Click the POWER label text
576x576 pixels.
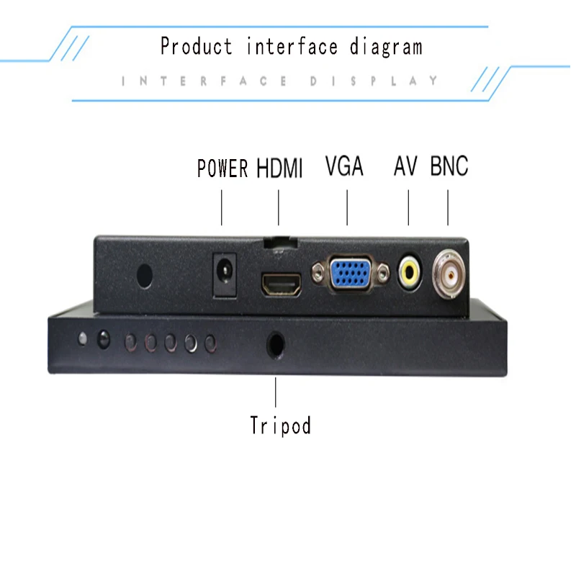coord(222,168)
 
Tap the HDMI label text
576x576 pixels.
coord(279,168)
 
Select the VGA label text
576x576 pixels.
coord(344,166)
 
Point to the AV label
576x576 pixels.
coord(405,166)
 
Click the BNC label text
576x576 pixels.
coord(449,166)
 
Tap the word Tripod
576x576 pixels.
coord(280,426)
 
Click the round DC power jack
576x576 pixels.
coord(225,272)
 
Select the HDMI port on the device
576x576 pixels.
coord(282,284)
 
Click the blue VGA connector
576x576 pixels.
coord(351,272)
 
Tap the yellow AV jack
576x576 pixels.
coord(410,272)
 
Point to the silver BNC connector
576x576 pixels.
coord(449,274)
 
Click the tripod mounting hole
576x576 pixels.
coord(276,345)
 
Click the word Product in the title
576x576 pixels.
coord(197,46)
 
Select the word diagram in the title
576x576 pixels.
coord(386,47)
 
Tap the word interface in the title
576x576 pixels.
coord(292,46)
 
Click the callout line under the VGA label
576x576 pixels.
coord(347,207)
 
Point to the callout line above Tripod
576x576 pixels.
coord(276,392)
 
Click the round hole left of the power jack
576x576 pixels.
coord(145,276)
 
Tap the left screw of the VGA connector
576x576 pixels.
coord(318,273)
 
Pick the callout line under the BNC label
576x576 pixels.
coord(448,207)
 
